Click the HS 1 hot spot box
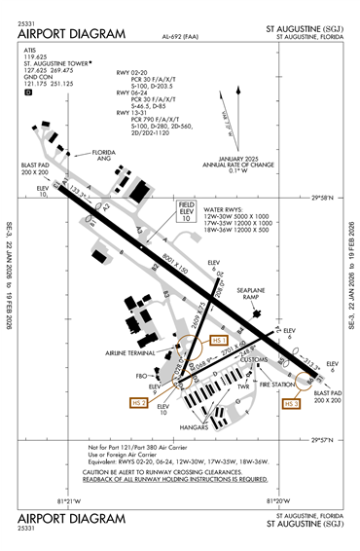tap(217, 341)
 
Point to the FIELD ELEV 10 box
tap(187, 212)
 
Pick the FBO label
tap(140, 374)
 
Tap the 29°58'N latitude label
tap(318, 197)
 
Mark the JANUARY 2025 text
tap(242, 158)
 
